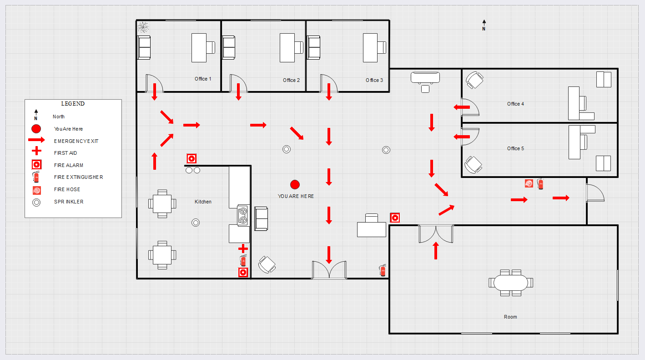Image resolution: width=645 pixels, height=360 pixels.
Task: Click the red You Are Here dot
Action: click(295, 184)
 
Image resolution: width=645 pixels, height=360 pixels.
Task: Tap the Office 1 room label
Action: click(203, 79)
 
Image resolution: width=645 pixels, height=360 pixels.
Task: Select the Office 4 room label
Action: click(515, 104)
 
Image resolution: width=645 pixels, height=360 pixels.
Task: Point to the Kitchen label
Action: click(203, 202)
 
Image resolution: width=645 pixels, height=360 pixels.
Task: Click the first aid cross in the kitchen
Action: click(243, 248)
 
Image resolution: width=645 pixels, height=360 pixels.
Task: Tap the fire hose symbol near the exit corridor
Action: click(529, 183)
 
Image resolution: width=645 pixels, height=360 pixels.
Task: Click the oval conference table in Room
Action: click(510, 283)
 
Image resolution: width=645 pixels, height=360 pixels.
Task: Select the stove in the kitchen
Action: click(243, 215)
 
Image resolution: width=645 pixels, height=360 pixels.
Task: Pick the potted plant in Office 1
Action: click(144, 28)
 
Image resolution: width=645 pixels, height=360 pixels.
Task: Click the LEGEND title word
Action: click(73, 104)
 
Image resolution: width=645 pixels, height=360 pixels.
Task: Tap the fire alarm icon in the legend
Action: click(36, 165)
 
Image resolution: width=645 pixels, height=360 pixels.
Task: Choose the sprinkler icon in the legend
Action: click(36, 202)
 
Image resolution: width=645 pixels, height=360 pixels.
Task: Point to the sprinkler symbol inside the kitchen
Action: click(196, 223)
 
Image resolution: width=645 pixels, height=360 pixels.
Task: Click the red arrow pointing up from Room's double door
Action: click(436, 251)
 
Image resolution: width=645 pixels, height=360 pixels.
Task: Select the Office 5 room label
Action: click(515, 148)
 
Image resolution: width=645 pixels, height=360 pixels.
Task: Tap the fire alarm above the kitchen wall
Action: click(191, 158)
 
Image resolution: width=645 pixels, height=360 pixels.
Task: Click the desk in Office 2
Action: click(287, 47)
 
